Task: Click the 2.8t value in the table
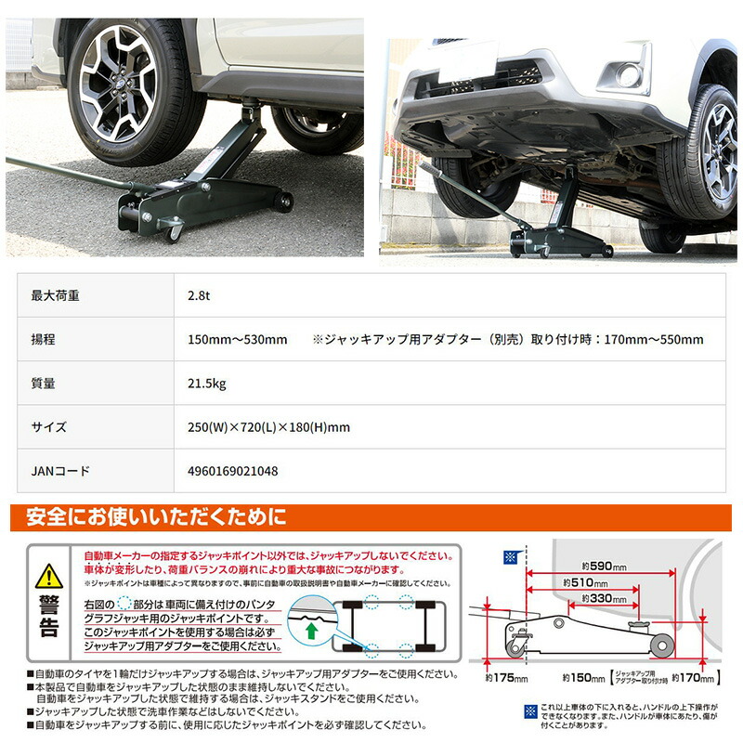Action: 199,295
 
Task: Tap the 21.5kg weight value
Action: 206,383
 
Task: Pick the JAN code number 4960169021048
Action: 232,471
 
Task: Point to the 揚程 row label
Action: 44,339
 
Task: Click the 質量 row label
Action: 44,383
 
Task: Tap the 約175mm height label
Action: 506,678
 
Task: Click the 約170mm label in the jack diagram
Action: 701,677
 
